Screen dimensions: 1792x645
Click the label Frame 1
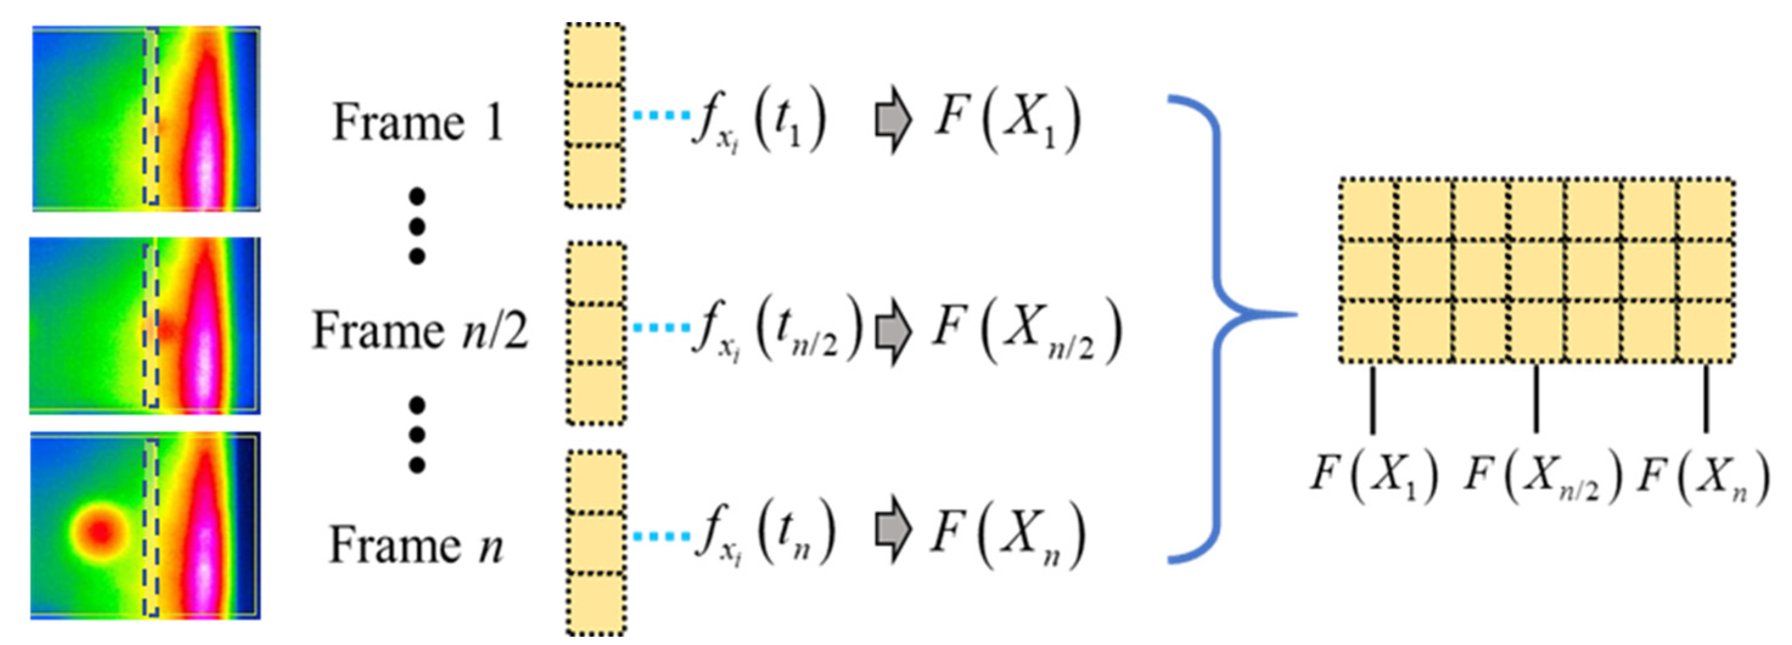click(x=417, y=123)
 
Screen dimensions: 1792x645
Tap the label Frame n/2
click(x=420, y=330)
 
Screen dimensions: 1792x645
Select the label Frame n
click(x=415, y=545)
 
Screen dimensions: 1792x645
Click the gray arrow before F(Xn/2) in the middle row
click(x=892, y=333)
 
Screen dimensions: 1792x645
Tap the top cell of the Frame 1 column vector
click(x=594, y=54)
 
